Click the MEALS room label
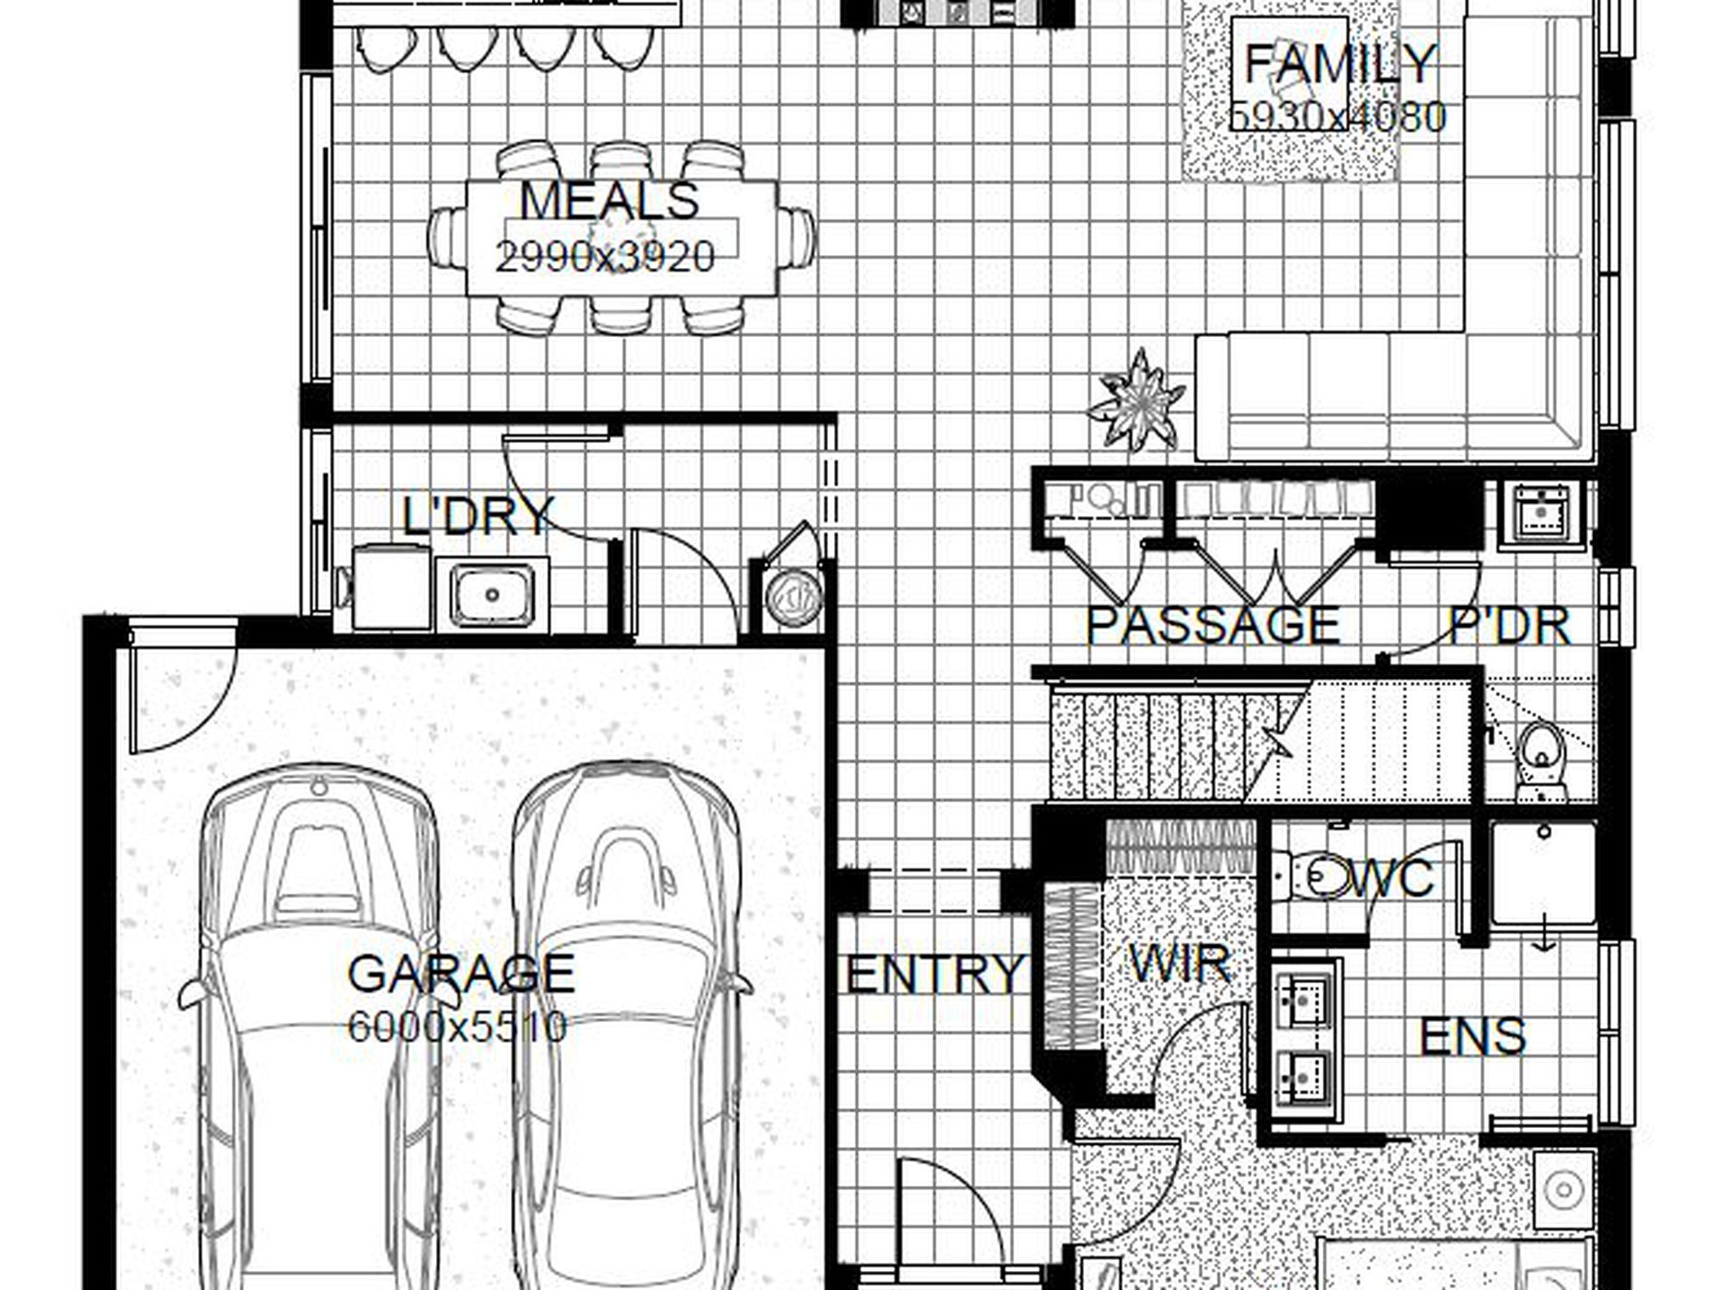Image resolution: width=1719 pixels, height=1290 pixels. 609,200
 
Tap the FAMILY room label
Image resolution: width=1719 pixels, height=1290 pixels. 1340,63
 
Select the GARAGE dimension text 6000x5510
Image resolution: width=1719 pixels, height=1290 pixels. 457,1027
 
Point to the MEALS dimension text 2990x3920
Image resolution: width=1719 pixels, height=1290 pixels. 604,258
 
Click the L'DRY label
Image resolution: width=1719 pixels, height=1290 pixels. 477,516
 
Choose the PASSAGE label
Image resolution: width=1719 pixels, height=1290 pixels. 1212,625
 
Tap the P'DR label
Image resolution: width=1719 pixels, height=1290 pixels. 1509,626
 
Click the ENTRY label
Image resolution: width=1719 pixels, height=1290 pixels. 933,974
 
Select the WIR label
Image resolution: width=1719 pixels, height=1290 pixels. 1180,964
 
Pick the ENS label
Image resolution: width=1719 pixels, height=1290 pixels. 1471,1037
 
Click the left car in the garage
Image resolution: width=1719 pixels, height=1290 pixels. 318,1023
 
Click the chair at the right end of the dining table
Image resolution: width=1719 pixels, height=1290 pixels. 796,237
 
